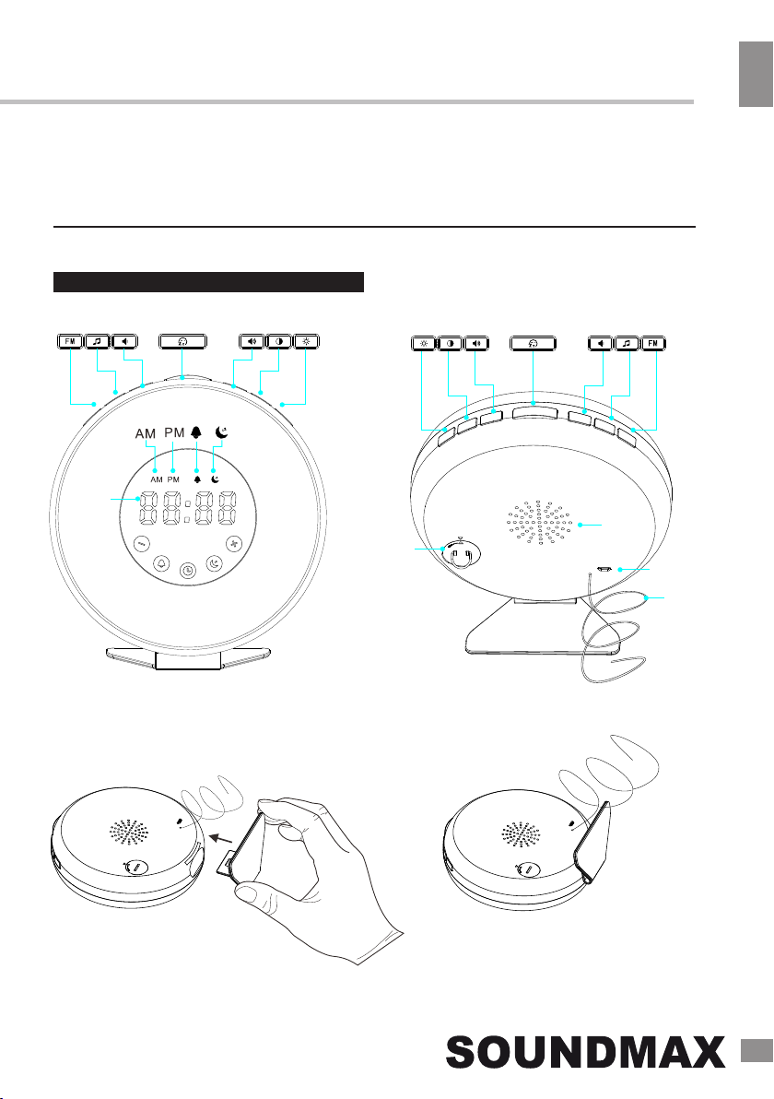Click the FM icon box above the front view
coord(70,341)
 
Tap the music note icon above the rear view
coord(627,343)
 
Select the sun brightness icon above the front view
coord(307,341)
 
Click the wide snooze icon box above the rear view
coord(533,343)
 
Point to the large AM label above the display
coord(146,434)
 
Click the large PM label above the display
coord(174,433)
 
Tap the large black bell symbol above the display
coord(196,433)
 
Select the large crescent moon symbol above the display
coord(222,433)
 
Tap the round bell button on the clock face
coord(163,562)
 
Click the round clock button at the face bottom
coord(188,572)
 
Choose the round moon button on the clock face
coord(214,562)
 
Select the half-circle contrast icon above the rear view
coord(450,343)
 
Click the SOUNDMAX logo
coord(586,1053)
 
